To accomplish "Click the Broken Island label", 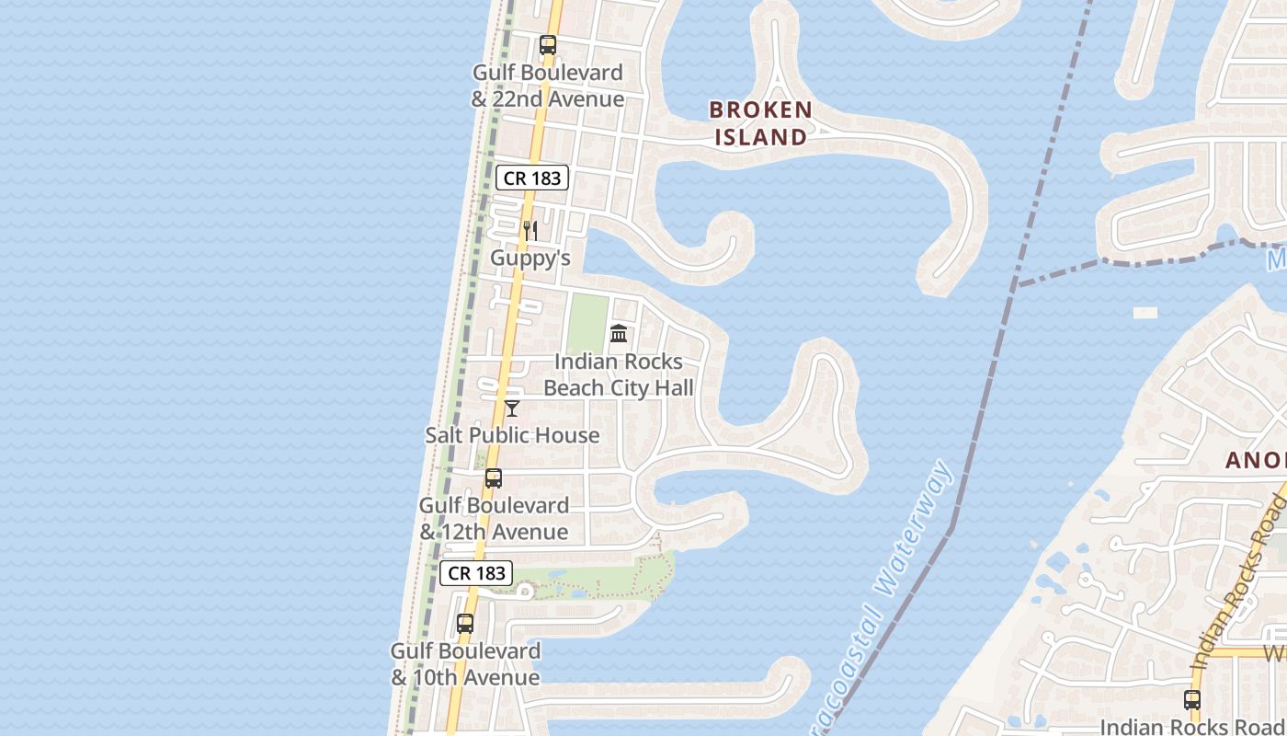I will (x=760, y=123).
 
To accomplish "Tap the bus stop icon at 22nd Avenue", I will (x=548, y=44).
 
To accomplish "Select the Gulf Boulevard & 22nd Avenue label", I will (x=548, y=86).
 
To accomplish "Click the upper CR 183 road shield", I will (x=532, y=178).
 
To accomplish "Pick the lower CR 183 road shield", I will (x=476, y=573).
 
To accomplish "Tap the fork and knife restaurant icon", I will (x=530, y=230).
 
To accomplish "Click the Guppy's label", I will (x=530, y=258).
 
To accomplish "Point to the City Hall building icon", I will (x=619, y=333).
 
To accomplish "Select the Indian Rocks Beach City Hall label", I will (x=619, y=374).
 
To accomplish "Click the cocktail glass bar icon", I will (x=512, y=408).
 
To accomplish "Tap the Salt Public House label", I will (x=512, y=435).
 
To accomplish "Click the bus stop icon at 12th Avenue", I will (x=494, y=478).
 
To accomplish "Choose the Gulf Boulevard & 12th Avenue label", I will (x=494, y=519).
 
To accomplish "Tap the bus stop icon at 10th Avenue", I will (x=465, y=624).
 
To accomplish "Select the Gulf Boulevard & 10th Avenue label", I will (x=465, y=664).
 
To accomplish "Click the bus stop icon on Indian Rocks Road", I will (x=1192, y=700).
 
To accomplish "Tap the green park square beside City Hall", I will (x=587, y=322).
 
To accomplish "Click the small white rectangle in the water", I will (x=1145, y=313).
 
